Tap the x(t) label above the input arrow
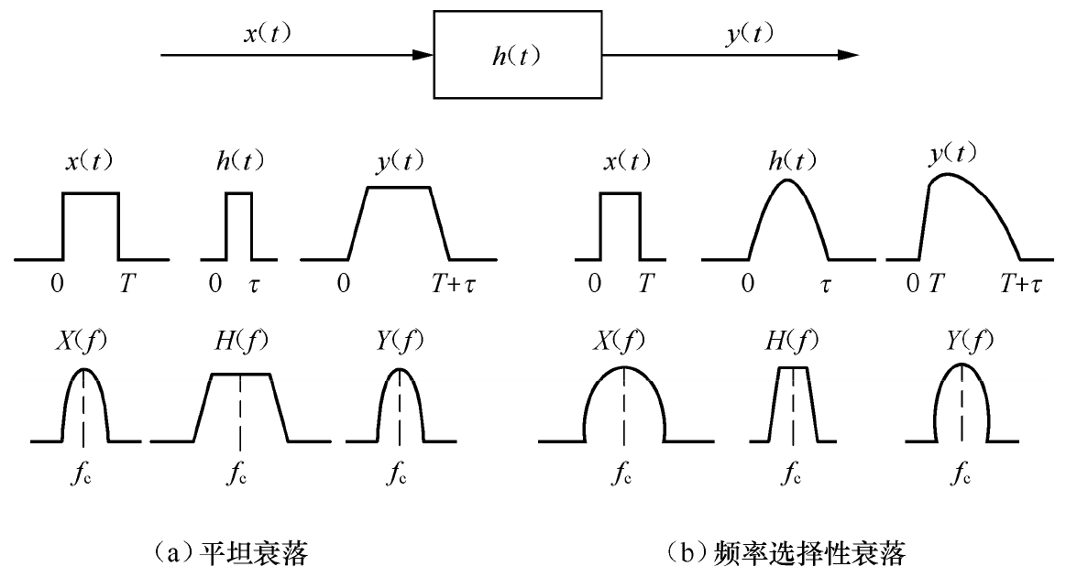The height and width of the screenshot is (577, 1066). [268, 36]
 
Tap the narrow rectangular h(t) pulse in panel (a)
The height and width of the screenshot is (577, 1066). [238, 224]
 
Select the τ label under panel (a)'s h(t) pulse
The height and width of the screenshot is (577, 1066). [256, 285]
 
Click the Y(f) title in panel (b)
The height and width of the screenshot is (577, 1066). [960, 340]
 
